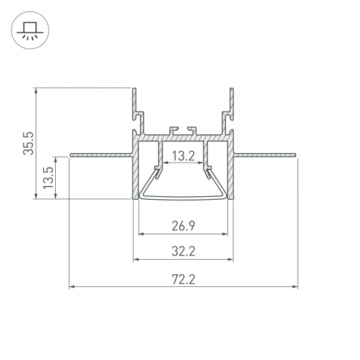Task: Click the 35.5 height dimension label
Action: tap(28, 143)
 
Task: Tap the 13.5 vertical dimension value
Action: tap(49, 178)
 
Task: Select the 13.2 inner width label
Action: tap(184, 156)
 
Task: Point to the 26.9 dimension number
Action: tap(184, 226)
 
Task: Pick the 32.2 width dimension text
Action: tap(184, 251)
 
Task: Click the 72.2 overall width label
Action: tap(184, 280)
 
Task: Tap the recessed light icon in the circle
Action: tap(30, 31)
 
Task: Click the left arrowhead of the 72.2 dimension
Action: tap(72, 287)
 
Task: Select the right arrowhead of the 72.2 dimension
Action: tap(295, 287)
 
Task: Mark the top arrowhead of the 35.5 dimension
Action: tap(36, 91)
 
